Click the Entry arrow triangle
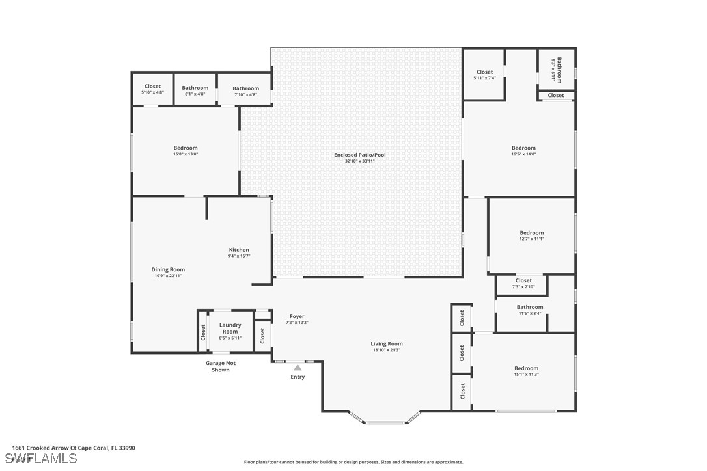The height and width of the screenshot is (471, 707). click(298, 368)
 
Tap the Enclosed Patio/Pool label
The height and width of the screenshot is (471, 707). click(360, 155)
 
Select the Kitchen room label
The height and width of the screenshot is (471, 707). click(239, 250)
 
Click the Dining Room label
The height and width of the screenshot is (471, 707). click(168, 269)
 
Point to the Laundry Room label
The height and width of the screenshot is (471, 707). click(230, 328)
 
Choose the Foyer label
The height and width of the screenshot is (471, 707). click(297, 316)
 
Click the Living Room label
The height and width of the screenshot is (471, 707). click(387, 344)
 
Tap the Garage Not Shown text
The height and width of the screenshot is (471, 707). click(221, 366)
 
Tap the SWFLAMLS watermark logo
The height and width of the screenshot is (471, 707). click(40, 459)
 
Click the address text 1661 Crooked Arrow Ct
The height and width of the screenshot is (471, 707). click(41, 448)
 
